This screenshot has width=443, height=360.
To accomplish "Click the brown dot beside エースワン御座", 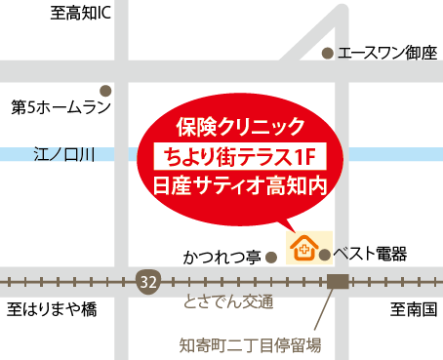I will (x=328, y=54).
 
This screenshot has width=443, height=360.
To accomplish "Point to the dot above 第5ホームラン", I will (x=105, y=90).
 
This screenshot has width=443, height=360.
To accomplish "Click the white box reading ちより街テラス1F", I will (x=241, y=155).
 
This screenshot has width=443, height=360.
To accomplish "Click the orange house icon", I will (x=302, y=248).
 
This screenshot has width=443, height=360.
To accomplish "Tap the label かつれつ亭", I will (x=221, y=258).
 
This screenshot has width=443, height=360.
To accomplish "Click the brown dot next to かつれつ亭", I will (x=272, y=258).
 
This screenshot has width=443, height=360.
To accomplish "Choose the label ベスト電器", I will (x=370, y=254).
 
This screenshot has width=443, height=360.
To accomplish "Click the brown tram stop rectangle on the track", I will (x=338, y=281).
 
